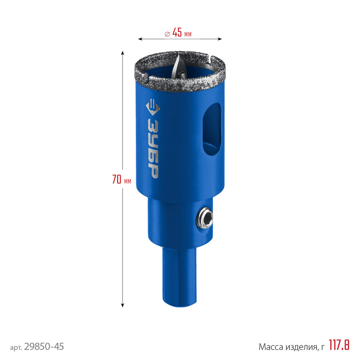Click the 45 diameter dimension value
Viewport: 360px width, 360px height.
pos(177,32)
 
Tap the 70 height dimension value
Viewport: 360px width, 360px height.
pos(117,179)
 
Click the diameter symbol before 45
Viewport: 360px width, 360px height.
pos(167,34)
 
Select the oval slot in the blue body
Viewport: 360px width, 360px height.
pos(212,129)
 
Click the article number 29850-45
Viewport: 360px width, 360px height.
pos(44,346)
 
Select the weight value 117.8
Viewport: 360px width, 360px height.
pos(339,345)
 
